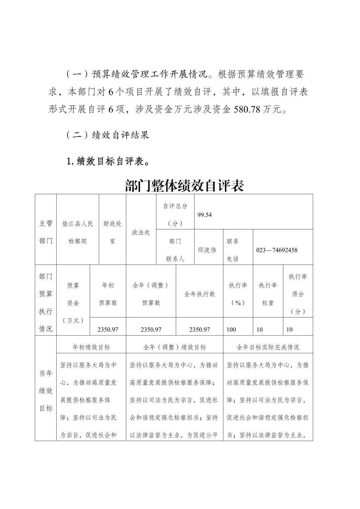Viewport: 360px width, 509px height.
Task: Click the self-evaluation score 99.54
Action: pyautogui.click(x=205, y=215)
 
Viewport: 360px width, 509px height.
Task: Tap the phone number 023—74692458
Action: pyautogui.click(x=277, y=250)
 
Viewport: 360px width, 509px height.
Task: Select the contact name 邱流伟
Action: pyautogui.click(x=207, y=250)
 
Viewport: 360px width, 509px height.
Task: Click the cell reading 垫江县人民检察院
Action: pyautogui.click(x=78, y=232)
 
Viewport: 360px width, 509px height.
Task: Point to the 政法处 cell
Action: pyautogui.click(x=141, y=232)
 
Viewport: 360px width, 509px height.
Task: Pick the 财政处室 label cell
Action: pyautogui.click(x=113, y=232)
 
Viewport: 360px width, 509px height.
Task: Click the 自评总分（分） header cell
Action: pyautogui.click(x=175, y=215)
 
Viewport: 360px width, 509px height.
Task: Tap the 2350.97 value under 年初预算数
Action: pyautogui.click(x=108, y=330)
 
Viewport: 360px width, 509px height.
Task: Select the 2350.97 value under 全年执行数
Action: pyautogui.click(x=199, y=330)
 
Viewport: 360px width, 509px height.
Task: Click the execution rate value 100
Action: pyautogui.click(x=231, y=330)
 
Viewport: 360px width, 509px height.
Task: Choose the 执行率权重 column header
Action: pyautogui.click(x=268, y=294)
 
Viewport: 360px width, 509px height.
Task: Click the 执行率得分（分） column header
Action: pyautogui.click(x=298, y=294)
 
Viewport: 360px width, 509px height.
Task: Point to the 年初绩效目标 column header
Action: pyautogui.click(x=91, y=347)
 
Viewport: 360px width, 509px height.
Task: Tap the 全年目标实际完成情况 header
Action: pyautogui.click(x=268, y=347)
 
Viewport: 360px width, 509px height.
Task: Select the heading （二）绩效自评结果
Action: pyautogui.click(x=107, y=135)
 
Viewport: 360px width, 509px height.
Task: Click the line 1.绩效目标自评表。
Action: pyautogui.click(x=107, y=161)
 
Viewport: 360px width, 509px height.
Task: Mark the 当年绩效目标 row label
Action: pyautogui.click(x=46, y=391)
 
